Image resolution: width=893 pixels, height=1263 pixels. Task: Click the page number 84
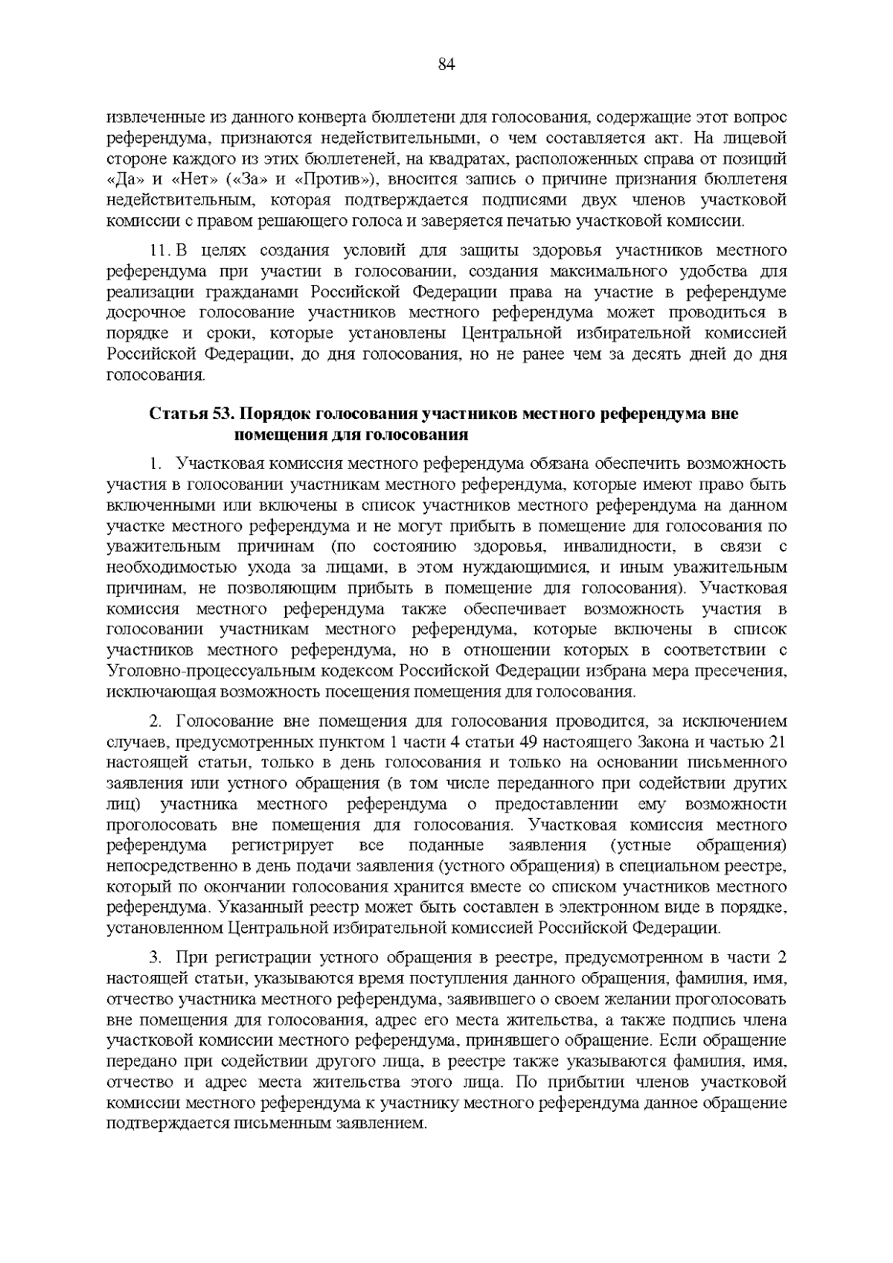point(446,64)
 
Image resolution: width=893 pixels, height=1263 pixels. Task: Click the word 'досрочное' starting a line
point(141,312)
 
